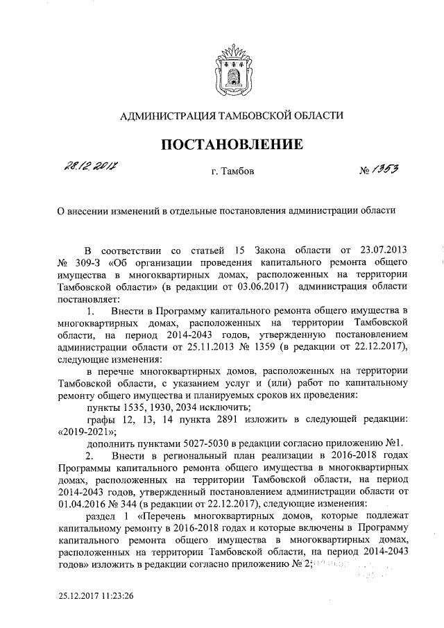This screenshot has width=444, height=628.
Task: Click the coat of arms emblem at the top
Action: [x=232, y=68]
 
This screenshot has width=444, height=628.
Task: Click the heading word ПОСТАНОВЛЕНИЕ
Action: [x=232, y=144]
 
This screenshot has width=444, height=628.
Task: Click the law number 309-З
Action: [x=87, y=262]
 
